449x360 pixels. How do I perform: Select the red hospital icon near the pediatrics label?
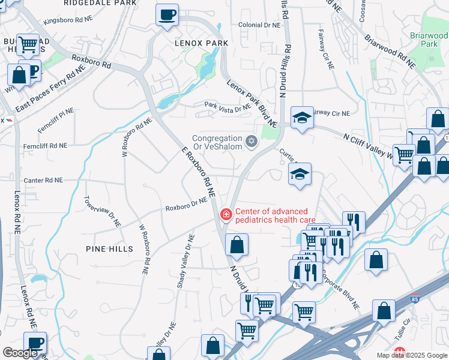click(x=226, y=214)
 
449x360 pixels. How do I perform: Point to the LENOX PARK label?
click(x=201, y=44)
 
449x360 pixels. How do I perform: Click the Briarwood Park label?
click(x=429, y=40)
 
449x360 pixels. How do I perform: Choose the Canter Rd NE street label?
click(x=43, y=180)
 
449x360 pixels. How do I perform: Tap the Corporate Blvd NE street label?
click(x=339, y=290)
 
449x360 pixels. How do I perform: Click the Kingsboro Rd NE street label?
click(x=68, y=20)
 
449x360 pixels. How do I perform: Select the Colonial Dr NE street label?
click(x=259, y=25)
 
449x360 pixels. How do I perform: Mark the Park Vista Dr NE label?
click(x=227, y=107)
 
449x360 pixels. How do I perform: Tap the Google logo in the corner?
click(x=20, y=353)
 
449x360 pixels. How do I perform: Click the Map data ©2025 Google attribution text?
click(x=412, y=355)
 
